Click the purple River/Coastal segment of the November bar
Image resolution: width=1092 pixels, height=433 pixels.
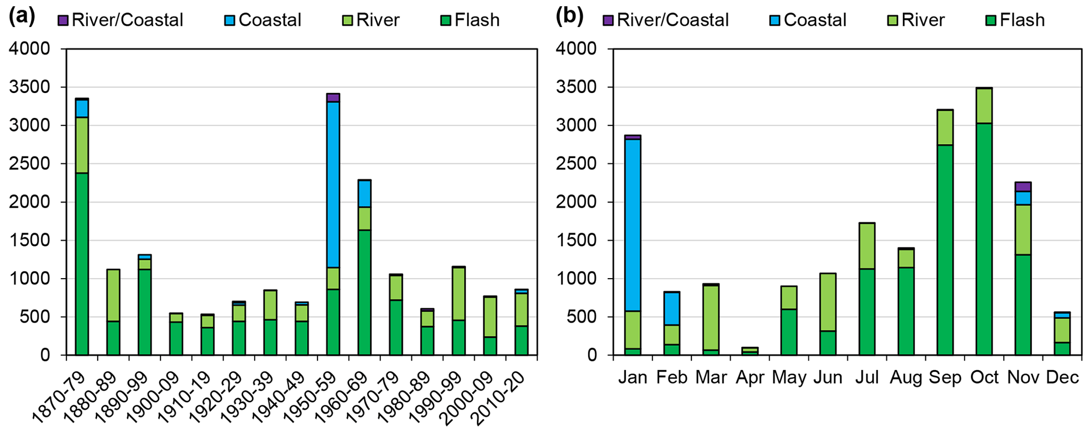pyautogui.click(x=1023, y=187)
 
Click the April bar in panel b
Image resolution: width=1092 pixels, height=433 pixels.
pyautogui.click(x=750, y=351)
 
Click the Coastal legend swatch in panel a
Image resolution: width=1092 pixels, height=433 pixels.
pyautogui.click(x=230, y=21)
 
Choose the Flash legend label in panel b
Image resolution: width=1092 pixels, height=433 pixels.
pyautogui.click(x=1022, y=20)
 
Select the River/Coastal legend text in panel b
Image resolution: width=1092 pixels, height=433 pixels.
pyautogui.click(x=673, y=20)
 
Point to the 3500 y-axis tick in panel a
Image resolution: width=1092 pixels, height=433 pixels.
pyautogui.click(x=36, y=87)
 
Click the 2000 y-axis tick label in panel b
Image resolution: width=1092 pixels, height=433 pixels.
pyautogui.click(x=582, y=202)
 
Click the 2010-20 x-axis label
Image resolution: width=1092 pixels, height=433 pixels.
pyautogui.click(x=499, y=400)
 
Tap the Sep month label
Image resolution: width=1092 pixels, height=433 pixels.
pyautogui.click(x=945, y=377)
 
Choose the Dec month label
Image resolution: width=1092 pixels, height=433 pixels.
pyautogui.click(x=1062, y=377)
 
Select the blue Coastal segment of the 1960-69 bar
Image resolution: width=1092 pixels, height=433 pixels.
pyautogui.click(x=364, y=194)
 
